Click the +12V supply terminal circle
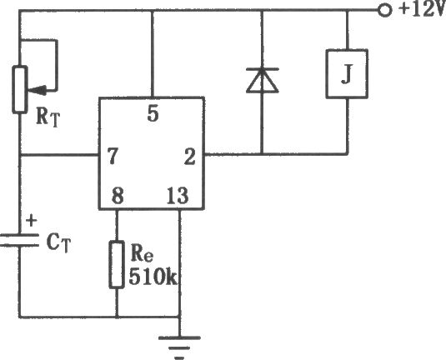tap(384, 11)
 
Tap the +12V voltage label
tap(422, 9)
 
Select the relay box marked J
tap(347, 74)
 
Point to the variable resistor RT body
tap(20, 89)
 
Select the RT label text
tap(48, 117)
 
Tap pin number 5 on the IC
tap(153, 113)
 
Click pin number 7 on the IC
tap(113, 156)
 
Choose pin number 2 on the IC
tap(190, 157)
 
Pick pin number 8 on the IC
tap(118, 195)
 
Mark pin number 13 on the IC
tap(178, 195)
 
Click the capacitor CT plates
tap(19, 240)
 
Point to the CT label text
tap(58, 243)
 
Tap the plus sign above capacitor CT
tap(32, 221)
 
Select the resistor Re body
tap(117, 265)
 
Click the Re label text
tap(142, 253)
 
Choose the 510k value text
tap(153, 277)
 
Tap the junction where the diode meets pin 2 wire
tap(263, 155)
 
